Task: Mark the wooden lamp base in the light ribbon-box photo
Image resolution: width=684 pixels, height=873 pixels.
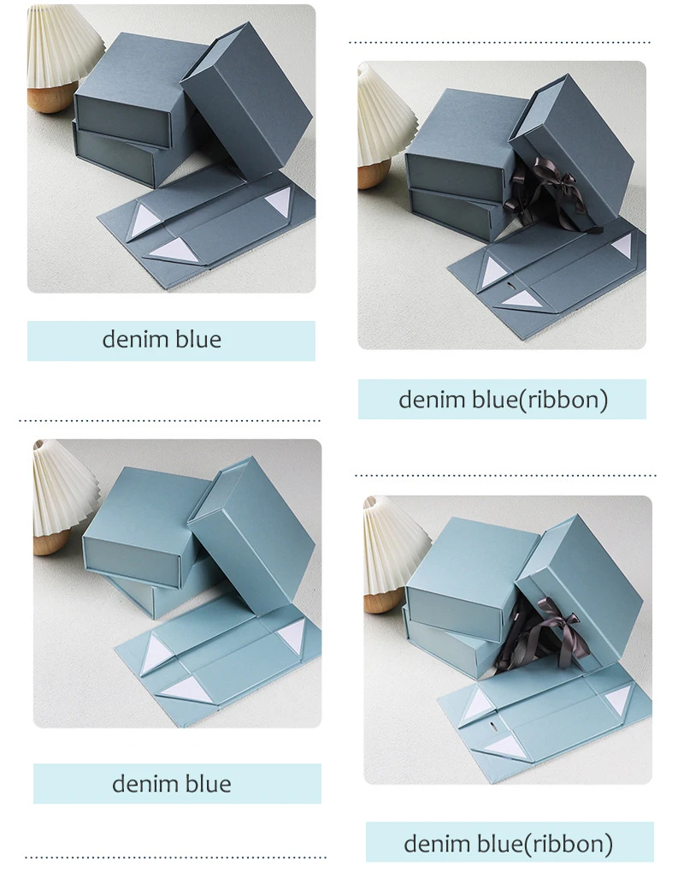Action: [383, 601]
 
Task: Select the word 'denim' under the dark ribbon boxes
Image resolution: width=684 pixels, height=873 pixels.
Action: [429, 399]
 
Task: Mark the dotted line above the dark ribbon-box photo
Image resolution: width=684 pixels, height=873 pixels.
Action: [501, 41]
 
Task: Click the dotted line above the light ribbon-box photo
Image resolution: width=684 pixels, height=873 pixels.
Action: [505, 475]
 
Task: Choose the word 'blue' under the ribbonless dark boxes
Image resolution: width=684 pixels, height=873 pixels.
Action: [198, 340]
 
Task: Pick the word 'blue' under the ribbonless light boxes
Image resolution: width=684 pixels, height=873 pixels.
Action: [208, 783]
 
